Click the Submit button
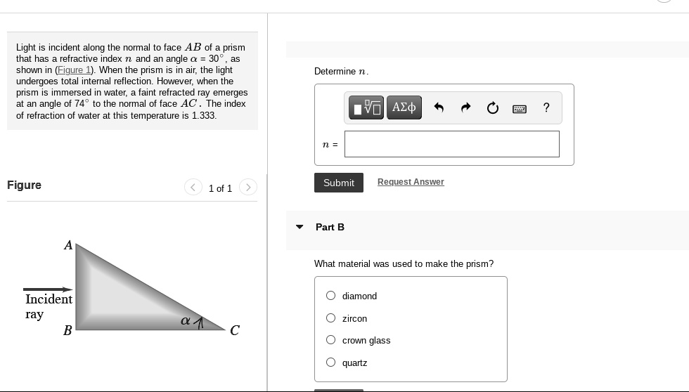338,183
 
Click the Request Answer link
411,182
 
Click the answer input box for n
451,144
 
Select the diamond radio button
331,296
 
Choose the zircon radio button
331,318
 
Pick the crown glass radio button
331,340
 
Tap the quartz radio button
331,362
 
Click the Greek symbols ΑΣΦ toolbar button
404,107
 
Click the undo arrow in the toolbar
439,107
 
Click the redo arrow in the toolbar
465,107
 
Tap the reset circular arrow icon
493,107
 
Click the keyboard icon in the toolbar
520,108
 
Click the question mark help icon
546,107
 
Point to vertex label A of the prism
68,245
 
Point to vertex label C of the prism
235,330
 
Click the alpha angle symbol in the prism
186,321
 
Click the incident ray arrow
48,289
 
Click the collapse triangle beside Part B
300,227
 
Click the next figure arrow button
247,188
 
